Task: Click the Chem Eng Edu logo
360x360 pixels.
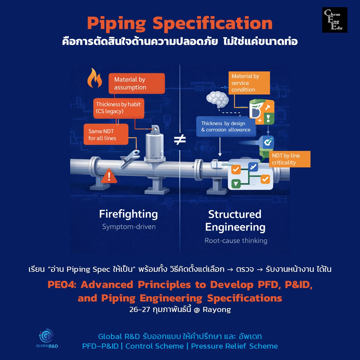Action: click(x=334, y=20)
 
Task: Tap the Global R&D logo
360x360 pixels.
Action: click(x=47, y=338)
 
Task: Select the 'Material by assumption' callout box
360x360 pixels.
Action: click(x=136, y=83)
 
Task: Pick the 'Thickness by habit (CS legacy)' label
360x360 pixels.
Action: click(x=118, y=108)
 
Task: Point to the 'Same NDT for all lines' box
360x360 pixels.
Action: click(x=106, y=135)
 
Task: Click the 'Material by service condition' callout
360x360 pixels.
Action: click(x=249, y=83)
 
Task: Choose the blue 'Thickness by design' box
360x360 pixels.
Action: click(x=226, y=127)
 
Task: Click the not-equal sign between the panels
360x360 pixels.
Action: click(x=180, y=139)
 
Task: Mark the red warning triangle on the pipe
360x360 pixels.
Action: click(x=109, y=176)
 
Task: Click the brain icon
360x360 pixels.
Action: click(x=218, y=99)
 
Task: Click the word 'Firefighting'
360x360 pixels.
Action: click(x=128, y=214)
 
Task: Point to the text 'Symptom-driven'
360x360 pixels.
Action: click(x=129, y=227)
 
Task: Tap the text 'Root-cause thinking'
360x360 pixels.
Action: click(x=236, y=241)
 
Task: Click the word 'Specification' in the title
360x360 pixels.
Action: click(x=212, y=23)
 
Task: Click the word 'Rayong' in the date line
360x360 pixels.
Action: click(x=217, y=310)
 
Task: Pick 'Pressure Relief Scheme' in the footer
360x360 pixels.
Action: click(x=234, y=346)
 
